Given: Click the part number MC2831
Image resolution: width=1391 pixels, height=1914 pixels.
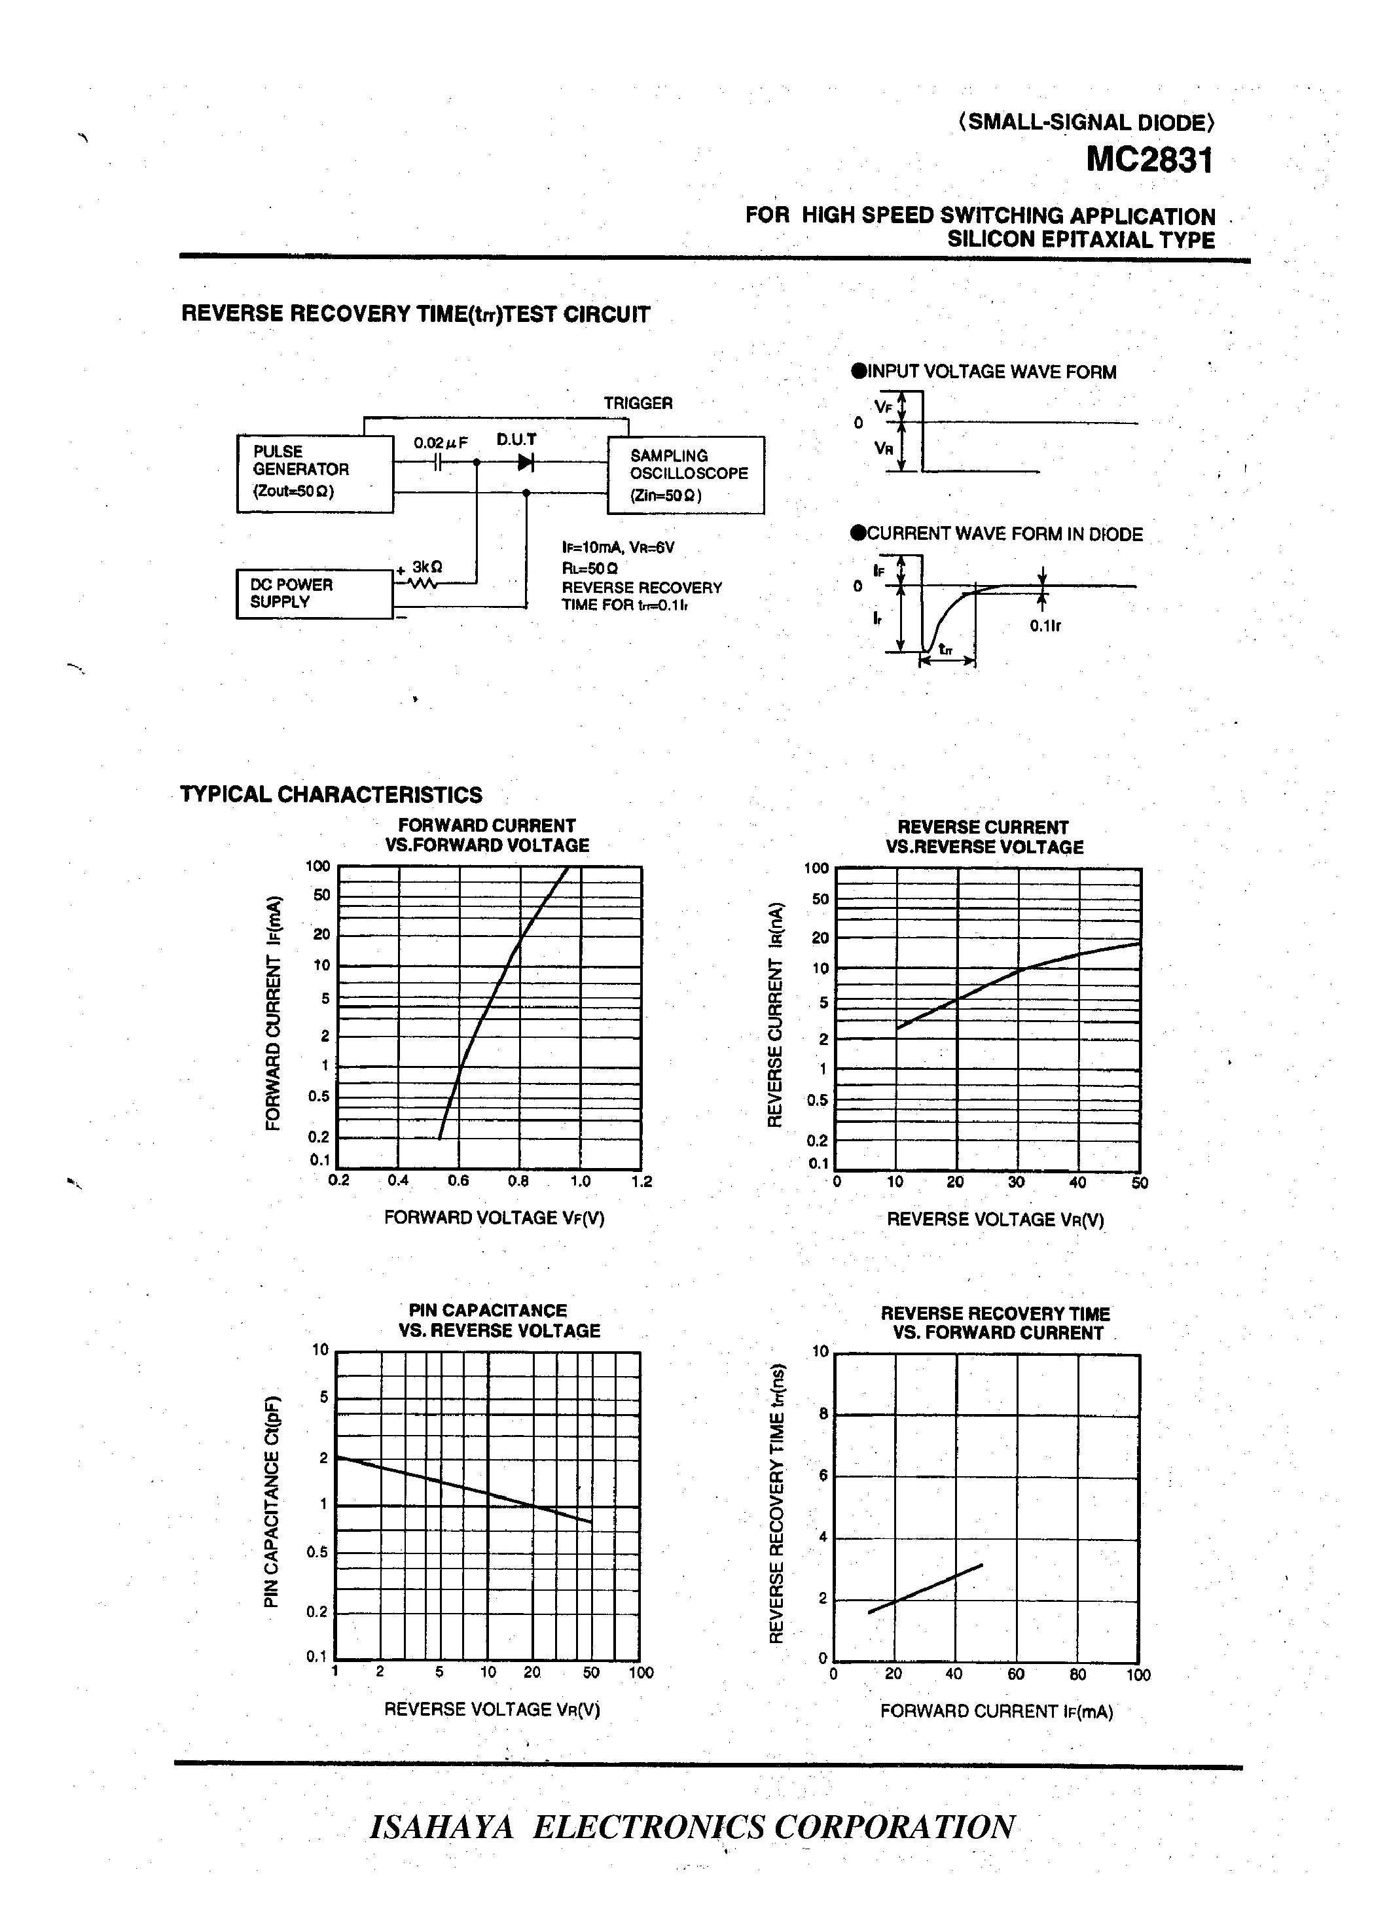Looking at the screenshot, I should [1149, 160].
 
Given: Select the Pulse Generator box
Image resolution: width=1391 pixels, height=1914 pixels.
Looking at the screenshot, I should [315, 474].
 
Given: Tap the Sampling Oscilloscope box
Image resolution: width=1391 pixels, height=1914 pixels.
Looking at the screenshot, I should [685, 475].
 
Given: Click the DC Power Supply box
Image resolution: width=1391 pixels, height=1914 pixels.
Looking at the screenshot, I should [314, 594].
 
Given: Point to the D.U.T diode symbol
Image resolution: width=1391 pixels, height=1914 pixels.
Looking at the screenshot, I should [525, 463].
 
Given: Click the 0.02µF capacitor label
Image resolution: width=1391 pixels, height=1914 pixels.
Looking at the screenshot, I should [440, 443].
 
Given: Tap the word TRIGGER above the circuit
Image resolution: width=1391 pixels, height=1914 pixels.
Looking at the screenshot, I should [638, 403].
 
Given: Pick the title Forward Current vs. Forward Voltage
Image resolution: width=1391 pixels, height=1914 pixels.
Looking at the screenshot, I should [487, 836].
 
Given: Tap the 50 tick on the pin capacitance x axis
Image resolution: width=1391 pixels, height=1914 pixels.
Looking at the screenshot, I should [591, 1673].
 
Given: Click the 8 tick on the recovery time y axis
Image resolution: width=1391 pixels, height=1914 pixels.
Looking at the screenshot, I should [823, 1415].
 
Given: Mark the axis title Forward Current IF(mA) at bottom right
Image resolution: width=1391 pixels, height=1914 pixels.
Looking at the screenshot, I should [996, 1711].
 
